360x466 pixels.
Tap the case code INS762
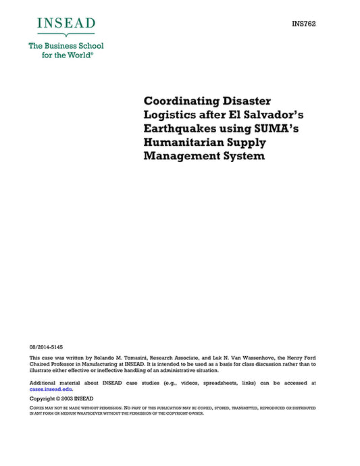304,24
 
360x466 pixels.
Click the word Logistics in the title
172,115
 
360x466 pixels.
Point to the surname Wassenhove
253,357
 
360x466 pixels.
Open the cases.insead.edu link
51,390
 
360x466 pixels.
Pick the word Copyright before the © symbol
43,399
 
